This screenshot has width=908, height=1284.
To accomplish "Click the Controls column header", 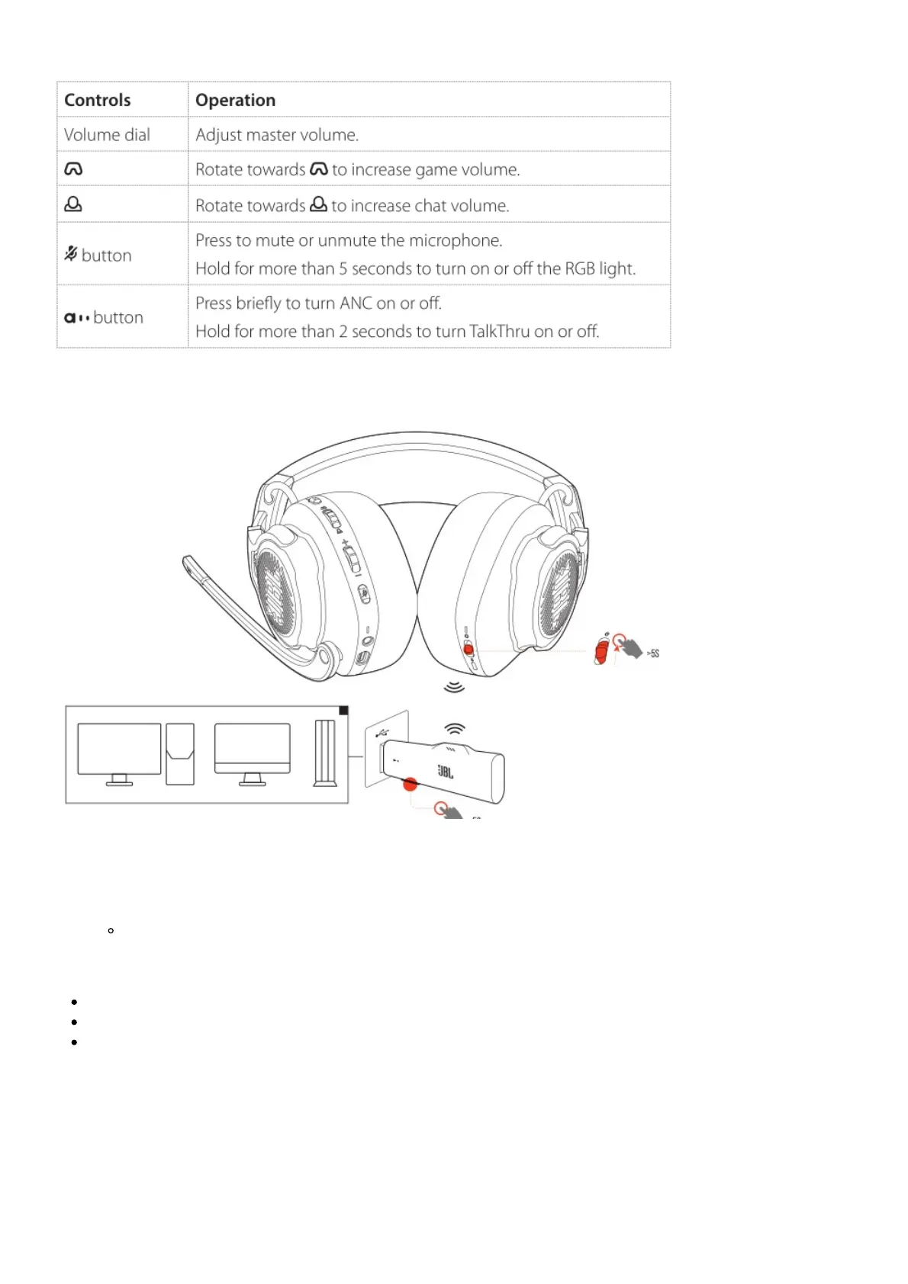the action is [x=98, y=100].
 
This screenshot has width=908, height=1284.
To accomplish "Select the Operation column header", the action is [x=235, y=100].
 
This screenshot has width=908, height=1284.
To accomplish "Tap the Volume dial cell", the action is [x=107, y=135].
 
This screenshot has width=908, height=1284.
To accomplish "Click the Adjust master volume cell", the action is [x=276, y=135].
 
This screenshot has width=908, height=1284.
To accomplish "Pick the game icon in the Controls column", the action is [x=73, y=169].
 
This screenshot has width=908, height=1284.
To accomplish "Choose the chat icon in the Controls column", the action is [x=73, y=204].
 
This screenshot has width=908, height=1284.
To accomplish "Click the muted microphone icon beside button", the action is [x=71, y=254].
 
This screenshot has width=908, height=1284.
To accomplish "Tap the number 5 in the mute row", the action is [x=343, y=268].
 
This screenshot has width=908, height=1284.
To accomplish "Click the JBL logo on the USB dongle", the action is [x=446, y=772].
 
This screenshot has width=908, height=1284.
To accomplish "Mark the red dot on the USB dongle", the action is [x=411, y=783].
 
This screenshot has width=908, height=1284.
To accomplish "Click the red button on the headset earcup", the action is [x=469, y=650].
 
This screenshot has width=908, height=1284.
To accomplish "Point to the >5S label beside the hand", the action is [x=653, y=653].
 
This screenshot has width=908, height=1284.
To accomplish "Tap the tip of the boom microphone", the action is [x=188, y=563].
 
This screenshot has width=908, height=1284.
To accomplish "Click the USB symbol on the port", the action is [x=382, y=733].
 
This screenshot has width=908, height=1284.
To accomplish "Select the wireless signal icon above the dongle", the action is [x=454, y=728].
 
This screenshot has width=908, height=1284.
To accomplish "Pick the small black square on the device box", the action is [x=343, y=711].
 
